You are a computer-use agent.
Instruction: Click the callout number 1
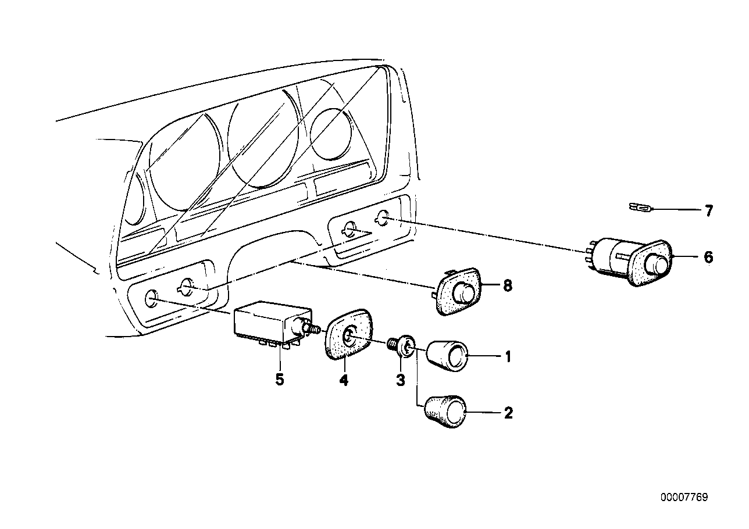coord(508,358)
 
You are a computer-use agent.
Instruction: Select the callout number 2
coord(508,413)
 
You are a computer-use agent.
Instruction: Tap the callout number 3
coord(401,380)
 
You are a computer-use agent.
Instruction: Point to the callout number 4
coord(344,380)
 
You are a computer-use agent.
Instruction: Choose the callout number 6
coord(708,257)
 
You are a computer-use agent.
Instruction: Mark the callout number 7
coord(709,211)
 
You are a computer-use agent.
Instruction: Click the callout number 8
coord(508,286)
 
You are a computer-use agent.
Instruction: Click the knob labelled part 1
coord(447,356)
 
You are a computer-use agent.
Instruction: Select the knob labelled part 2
coord(445,412)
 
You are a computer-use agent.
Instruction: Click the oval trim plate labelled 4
coord(348,334)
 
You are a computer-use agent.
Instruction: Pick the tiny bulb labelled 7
coord(640,208)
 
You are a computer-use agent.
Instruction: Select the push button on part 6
coord(658,264)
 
